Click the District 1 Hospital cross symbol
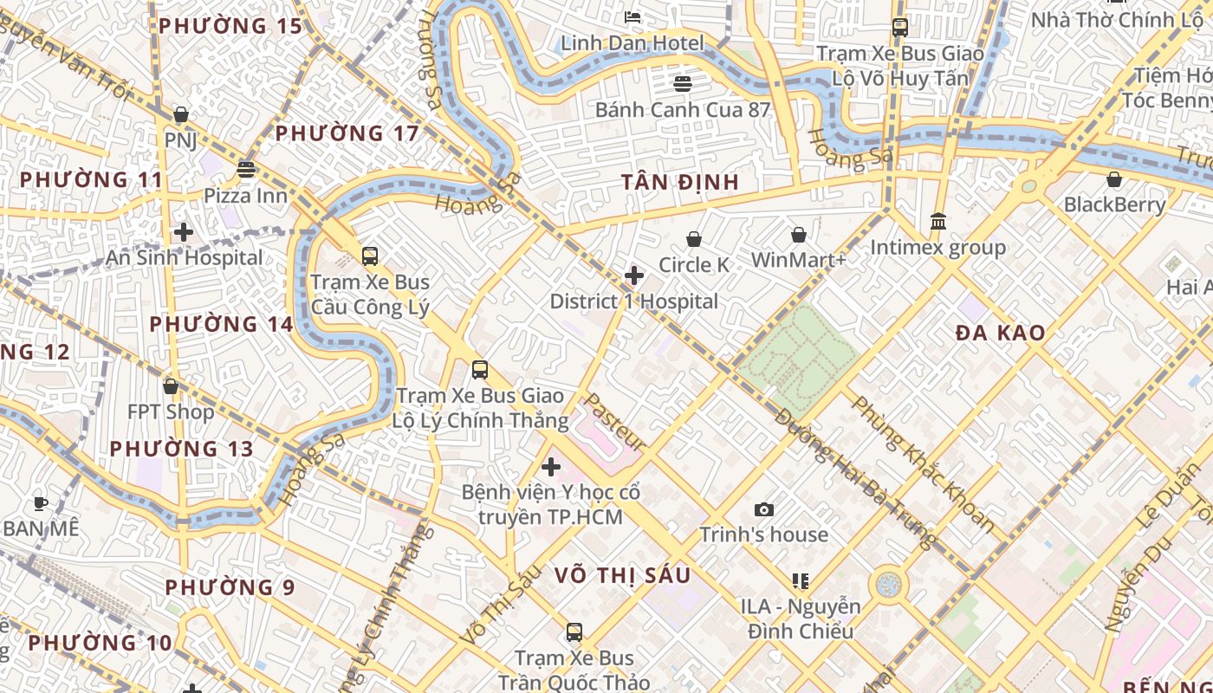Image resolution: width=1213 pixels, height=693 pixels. tap(634, 275)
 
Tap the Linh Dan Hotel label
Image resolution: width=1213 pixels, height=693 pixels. tap(632, 42)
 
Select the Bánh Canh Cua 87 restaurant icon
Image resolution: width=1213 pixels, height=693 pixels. tap(683, 83)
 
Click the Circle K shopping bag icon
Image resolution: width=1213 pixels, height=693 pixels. tap(693, 239)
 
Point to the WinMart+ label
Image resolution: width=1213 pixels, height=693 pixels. tap(798, 260)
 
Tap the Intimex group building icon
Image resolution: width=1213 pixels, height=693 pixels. tap(937, 222)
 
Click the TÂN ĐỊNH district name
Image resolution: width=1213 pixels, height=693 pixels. tap(680, 182)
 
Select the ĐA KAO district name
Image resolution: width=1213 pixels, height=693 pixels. tap(1000, 333)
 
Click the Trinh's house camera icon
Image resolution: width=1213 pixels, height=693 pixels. tap(763, 509)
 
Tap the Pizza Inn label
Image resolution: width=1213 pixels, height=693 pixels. tap(245, 195)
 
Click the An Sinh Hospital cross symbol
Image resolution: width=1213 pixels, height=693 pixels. tap(183, 232)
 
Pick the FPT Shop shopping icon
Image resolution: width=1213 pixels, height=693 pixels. tap(171, 386)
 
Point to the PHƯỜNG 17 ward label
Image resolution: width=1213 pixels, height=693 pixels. tap(347, 133)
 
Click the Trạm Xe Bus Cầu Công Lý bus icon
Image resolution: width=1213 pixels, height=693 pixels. tap(370, 256)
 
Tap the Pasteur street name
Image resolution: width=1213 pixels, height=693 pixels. tap(614, 422)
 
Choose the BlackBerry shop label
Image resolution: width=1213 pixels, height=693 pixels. tap(1114, 204)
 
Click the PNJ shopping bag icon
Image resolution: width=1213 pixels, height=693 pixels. tap(181, 114)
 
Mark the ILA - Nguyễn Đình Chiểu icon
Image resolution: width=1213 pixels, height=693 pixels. tap(800, 581)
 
